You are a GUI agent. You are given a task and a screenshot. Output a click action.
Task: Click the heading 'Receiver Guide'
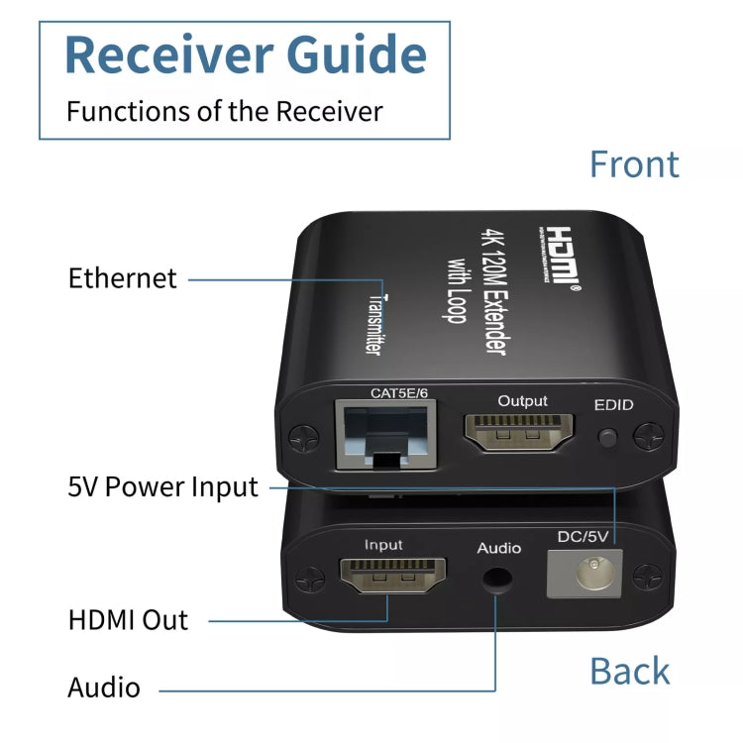click(245, 54)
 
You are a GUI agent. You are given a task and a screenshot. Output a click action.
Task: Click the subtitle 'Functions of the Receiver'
click(224, 111)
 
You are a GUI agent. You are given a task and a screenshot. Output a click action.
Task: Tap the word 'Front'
click(634, 164)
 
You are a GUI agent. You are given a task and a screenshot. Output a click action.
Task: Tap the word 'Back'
click(629, 671)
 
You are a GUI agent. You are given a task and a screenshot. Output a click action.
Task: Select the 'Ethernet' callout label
click(123, 278)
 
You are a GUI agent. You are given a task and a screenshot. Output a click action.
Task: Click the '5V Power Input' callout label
click(162, 486)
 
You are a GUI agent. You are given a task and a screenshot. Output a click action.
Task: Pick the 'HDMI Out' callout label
click(128, 620)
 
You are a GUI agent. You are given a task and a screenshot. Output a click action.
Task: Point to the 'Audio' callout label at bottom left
click(104, 688)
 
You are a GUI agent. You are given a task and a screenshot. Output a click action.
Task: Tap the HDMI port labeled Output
click(521, 433)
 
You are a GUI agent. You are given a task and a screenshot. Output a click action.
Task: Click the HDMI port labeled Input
click(393, 578)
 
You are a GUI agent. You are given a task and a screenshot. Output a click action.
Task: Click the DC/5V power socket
click(584, 575)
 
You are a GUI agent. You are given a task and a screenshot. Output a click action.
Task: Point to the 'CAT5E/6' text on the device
click(398, 393)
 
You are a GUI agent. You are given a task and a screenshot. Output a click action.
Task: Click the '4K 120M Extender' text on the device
click(499, 287)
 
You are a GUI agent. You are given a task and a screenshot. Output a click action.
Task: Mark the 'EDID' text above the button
click(613, 405)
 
